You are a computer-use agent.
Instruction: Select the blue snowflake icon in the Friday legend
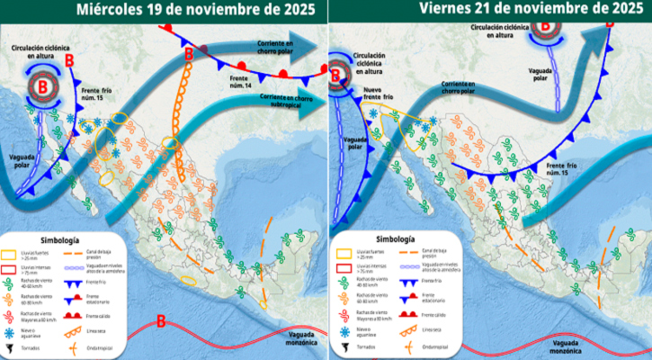pos(341,328)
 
